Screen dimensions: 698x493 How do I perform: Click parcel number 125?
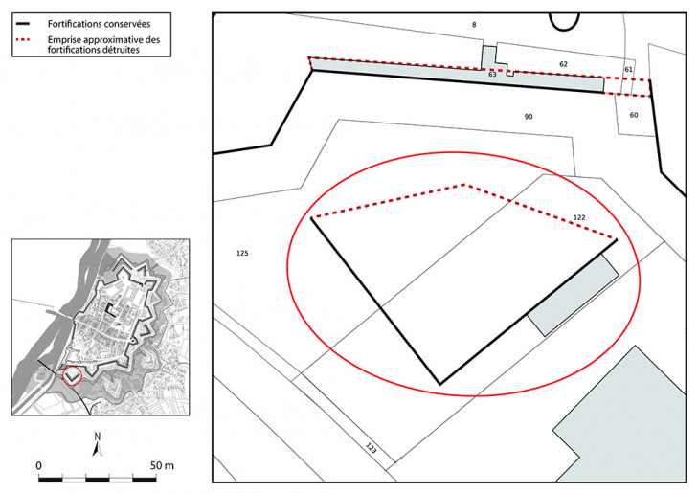(242, 253)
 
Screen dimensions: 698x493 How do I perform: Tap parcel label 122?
(579, 217)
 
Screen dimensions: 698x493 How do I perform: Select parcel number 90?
(529, 117)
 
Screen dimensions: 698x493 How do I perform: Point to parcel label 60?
(634, 115)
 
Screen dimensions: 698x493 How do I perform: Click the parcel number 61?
(628, 70)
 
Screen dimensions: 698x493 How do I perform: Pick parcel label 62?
(564, 64)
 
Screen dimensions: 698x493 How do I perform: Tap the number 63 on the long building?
(492, 75)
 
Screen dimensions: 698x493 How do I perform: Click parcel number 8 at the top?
(474, 25)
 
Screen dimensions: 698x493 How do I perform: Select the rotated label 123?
(372, 448)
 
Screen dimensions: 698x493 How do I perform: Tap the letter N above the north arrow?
(98, 437)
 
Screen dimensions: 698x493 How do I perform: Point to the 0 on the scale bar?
(39, 465)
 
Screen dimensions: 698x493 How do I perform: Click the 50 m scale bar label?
(162, 465)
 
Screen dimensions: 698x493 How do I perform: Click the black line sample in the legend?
(23, 24)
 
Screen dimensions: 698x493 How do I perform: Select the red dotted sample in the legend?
(23, 39)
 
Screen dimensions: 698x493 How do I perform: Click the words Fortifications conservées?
(99, 24)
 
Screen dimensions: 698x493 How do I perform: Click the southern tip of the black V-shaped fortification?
(440, 384)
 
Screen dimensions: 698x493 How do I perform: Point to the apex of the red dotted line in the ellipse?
(465, 184)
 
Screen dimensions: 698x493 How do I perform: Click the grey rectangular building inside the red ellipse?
(573, 295)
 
